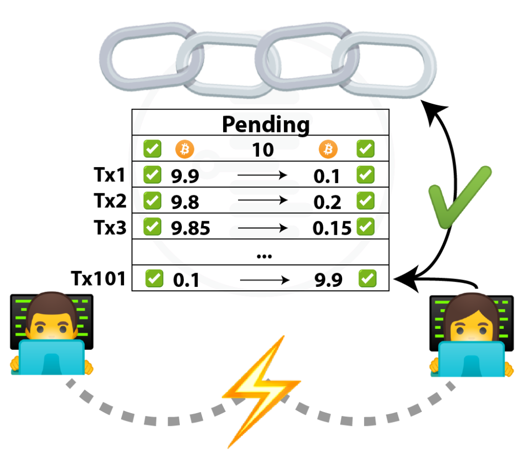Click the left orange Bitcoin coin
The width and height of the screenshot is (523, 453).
[x=185, y=149]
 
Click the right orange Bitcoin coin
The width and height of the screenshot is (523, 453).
[x=328, y=149]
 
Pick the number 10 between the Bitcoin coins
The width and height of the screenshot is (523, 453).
[x=264, y=148]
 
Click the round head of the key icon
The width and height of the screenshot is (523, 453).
[x=206, y=165]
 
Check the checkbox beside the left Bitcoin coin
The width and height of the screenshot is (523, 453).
[x=152, y=149]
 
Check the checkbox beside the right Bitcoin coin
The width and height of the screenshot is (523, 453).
[x=365, y=149]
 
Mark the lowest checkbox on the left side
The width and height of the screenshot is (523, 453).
[x=154, y=278]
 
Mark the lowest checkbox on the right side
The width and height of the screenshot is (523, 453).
[x=368, y=278]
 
